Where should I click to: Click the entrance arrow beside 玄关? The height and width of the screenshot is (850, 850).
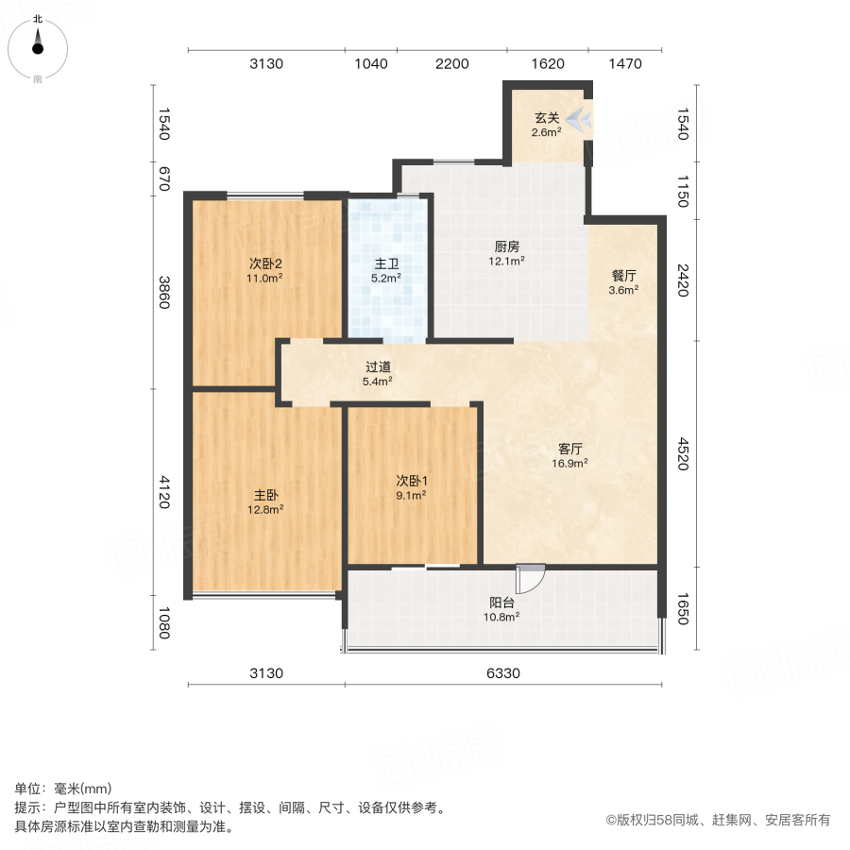pyautogui.click(x=579, y=118)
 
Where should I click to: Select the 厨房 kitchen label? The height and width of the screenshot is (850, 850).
pyautogui.click(x=506, y=246)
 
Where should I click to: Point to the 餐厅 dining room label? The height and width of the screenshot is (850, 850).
pyautogui.click(x=623, y=276)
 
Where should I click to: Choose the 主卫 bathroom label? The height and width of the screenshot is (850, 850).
pyautogui.click(x=386, y=263)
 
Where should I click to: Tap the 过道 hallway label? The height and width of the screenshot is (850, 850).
pyautogui.click(x=379, y=366)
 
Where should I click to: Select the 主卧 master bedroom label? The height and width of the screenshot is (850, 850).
pyautogui.click(x=265, y=494)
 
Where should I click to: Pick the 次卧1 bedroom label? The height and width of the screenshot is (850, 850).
pyautogui.click(x=411, y=479)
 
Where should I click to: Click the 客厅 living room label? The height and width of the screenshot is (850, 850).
pyautogui.click(x=570, y=449)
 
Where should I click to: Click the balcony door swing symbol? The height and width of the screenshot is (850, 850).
pyautogui.click(x=530, y=578)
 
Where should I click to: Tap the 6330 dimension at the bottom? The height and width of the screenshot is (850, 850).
pyautogui.click(x=501, y=673)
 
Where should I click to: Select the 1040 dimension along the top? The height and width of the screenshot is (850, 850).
pyautogui.click(x=371, y=64)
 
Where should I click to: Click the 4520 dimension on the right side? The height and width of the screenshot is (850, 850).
pyautogui.click(x=682, y=453)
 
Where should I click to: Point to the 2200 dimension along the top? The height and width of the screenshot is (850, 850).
pyautogui.click(x=452, y=64)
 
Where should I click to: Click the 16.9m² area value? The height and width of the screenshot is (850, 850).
pyautogui.click(x=570, y=463)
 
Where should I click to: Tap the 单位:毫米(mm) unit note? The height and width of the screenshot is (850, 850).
pyautogui.click(x=62, y=790)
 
